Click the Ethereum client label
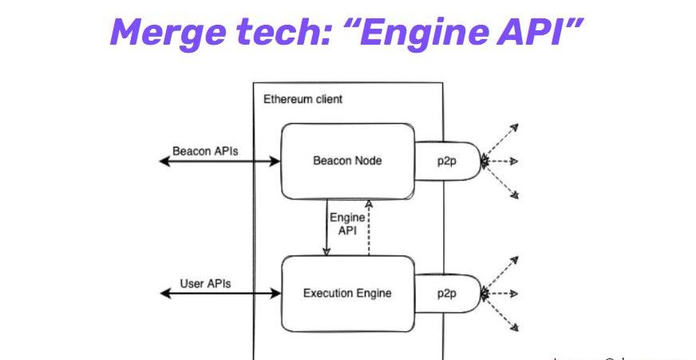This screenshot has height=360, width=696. (303, 99)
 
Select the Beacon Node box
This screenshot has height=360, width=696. (347, 160)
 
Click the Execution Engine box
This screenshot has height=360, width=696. (347, 293)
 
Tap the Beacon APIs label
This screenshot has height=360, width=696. (205, 150)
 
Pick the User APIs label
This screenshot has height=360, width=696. (205, 283)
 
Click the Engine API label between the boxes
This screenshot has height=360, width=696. (347, 223)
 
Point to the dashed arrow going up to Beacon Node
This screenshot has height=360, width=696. (369, 231)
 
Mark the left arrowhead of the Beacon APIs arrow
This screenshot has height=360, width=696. (164, 161)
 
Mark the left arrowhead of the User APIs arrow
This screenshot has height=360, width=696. (164, 294)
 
